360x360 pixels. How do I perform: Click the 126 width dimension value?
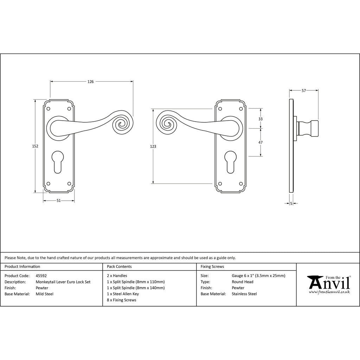tap(91, 82)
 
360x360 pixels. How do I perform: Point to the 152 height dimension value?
tap(35, 146)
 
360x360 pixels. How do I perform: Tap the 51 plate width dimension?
tap(59, 201)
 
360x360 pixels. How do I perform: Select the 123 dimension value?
tap(153, 147)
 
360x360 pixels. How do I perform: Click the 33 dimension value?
tap(261, 119)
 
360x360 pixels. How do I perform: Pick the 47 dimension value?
tap(261, 142)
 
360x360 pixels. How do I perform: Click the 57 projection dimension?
tap(304, 91)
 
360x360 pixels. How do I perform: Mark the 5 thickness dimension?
tap(291, 204)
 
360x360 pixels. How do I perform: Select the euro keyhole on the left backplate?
tap(57, 162)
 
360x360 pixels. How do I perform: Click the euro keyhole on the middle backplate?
tap(231, 162)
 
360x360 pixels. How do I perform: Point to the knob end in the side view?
tap(314, 128)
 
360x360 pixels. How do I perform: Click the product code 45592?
tap(41, 276)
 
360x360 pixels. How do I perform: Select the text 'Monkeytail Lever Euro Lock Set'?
tap(63, 282)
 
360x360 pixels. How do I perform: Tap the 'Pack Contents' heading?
tap(119, 266)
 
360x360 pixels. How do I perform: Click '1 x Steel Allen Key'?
tap(123, 294)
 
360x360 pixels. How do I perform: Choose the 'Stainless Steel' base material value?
tap(244, 294)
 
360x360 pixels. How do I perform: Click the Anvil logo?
tap(329, 284)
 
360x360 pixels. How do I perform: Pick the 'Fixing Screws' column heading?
tap(212, 266)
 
